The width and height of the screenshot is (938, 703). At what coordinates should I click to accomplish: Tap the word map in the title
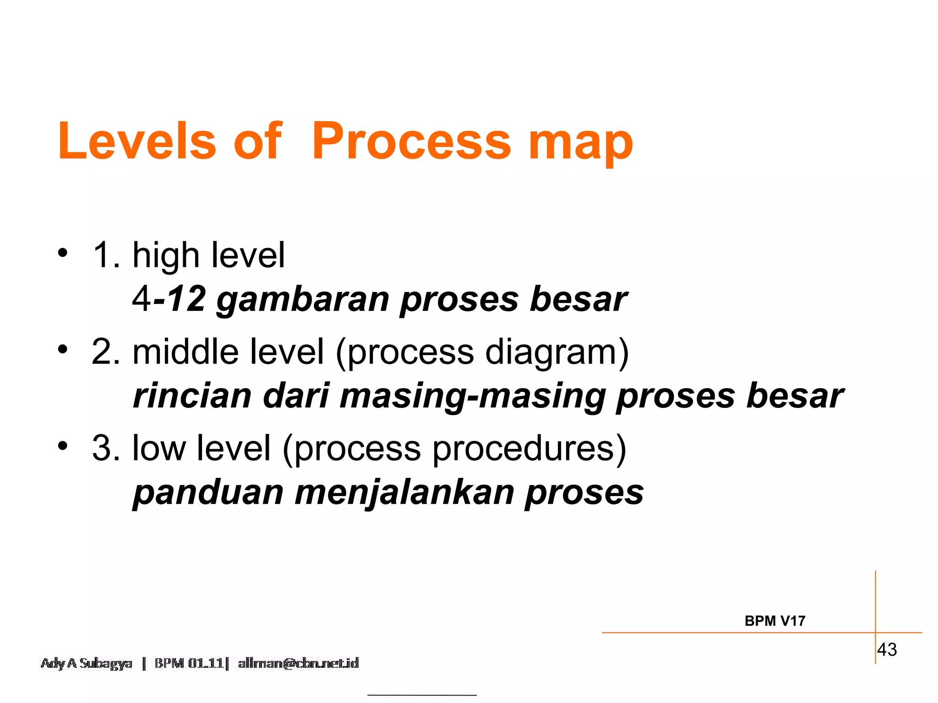click(581, 143)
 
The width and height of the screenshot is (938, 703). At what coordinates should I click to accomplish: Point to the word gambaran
click(303, 300)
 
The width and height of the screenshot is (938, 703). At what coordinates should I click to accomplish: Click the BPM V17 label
click(774, 621)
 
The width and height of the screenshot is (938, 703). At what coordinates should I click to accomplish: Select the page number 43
click(887, 649)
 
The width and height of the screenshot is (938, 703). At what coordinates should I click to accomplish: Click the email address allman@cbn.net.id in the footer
click(298, 663)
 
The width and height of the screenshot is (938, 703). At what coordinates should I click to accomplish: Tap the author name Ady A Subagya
click(86, 663)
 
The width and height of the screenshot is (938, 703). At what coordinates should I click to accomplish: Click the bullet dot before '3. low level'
click(63, 445)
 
